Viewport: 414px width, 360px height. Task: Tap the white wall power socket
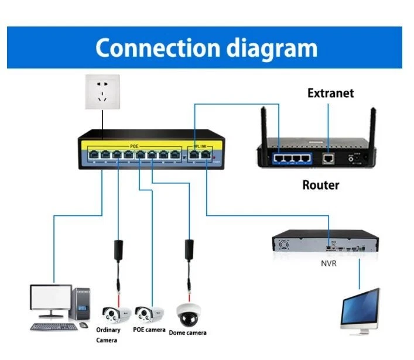pos(101,92)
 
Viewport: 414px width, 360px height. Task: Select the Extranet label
pos(331,93)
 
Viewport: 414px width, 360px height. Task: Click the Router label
pos(320,186)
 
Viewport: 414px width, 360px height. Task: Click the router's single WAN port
pos(329,157)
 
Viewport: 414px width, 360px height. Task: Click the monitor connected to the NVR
pos(360,310)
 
